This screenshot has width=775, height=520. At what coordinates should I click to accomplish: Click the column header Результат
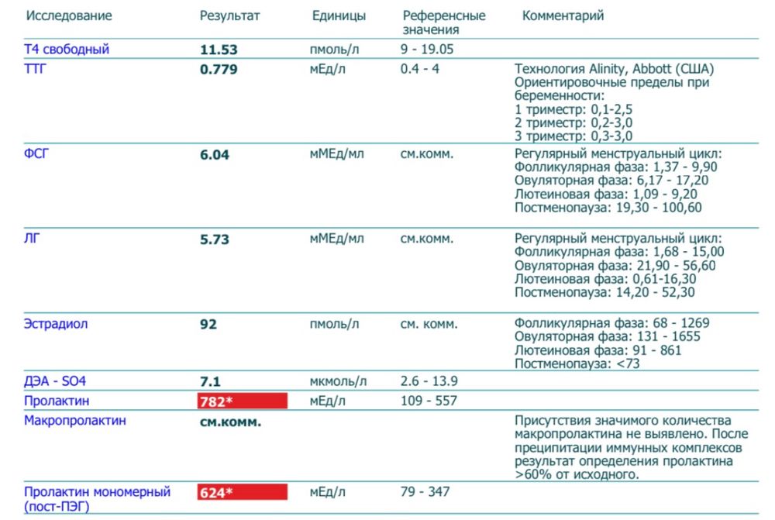pos(229,16)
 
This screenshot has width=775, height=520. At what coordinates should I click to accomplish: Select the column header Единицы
pos(339,16)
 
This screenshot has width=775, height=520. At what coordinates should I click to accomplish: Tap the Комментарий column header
pos(563,16)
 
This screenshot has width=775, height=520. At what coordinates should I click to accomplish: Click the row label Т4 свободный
pos(67,50)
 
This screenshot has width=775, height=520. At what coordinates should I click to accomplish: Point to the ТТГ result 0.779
pos(219,70)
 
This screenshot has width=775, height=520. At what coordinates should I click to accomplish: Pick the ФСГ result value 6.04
pos(215,155)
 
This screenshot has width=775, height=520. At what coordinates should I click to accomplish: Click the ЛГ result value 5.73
pos(215,239)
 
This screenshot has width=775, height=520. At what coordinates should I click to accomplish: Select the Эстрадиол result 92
pos(208,324)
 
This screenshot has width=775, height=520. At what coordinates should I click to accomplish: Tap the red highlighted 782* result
pos(242,401)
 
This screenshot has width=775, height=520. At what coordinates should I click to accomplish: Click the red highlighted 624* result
pos(242,492)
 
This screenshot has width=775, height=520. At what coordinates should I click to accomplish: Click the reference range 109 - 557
pos(429,401)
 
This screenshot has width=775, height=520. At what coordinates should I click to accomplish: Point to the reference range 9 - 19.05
pos(427,50)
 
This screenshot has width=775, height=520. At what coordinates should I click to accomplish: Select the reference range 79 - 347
pos(425,492)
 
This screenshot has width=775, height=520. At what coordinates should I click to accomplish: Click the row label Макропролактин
pos(74,421)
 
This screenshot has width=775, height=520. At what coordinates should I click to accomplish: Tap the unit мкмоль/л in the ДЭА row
pos(338,381)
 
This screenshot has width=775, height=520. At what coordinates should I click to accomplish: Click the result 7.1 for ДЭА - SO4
pos(211,381)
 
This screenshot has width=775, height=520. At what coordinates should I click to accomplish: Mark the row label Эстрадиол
pos(56,324)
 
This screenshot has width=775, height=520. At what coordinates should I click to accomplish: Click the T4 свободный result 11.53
pos(219,50)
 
